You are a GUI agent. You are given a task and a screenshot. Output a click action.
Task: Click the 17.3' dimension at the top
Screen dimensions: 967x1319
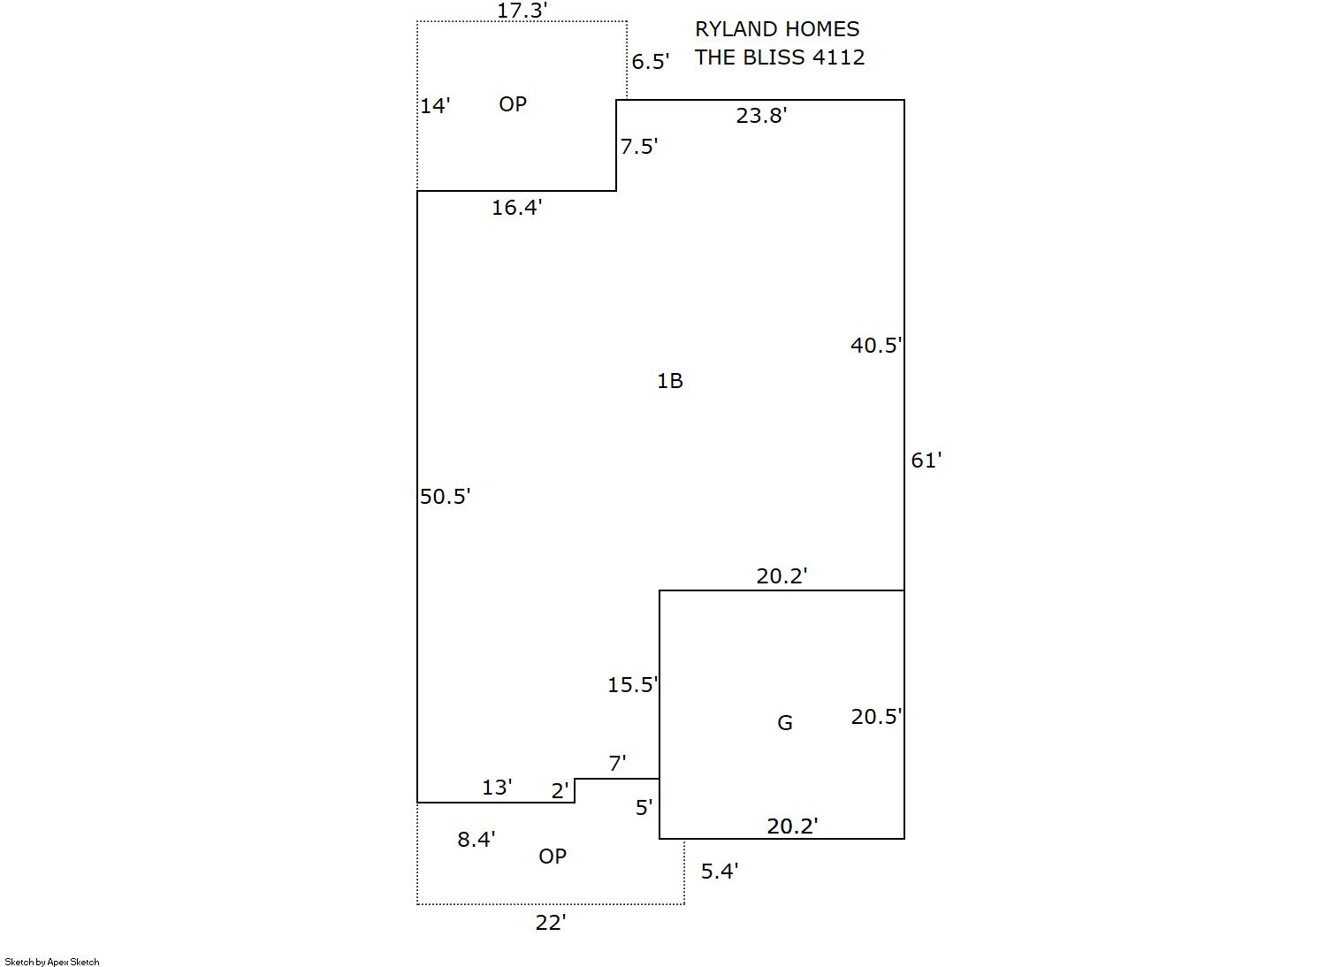click(x=522, y=11)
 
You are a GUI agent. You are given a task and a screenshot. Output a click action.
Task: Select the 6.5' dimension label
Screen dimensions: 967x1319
click(x=650, y=62)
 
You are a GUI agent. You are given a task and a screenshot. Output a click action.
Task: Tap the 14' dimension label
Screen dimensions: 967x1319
click(x=435, y=106)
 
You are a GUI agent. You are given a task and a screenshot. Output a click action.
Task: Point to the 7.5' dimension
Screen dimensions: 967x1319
click(x=638, y=147)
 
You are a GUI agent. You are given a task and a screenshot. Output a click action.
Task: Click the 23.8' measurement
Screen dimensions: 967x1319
click(x=761, y=116)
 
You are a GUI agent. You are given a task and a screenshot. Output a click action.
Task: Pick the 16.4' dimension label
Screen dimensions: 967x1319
click(x=516, y=208)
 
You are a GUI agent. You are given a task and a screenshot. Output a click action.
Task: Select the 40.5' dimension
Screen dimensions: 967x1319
click(x=875, y=346)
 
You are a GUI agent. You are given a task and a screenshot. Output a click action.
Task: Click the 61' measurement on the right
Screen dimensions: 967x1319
click(x=926, y=461)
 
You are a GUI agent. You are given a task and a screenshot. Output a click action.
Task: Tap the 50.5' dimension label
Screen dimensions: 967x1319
click(x=445, y=497)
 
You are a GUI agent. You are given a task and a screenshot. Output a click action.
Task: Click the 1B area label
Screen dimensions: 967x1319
click(x=669, y=381)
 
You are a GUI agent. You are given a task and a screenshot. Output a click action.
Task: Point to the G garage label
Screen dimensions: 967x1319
click(x=784, y=723)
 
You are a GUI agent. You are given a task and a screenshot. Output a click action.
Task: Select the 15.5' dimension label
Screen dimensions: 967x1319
click(x=632, y=685)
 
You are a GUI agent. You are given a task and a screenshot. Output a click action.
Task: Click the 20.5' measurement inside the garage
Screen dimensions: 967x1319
click(x=876, y=717)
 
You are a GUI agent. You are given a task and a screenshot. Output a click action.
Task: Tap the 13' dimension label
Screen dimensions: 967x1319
click(x=497, y=788)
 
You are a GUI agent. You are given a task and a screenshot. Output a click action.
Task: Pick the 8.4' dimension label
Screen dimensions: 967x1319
click(x=476, y=840)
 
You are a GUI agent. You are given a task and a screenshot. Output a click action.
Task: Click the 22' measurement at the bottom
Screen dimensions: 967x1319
click(x=550, y=923)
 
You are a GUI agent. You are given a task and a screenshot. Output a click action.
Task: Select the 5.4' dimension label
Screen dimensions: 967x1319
click(x=719, y=872)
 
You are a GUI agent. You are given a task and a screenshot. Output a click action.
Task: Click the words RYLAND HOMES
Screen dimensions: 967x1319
click(x=777, y=29)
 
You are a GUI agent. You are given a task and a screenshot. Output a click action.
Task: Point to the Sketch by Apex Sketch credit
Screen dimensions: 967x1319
click(x=52, y=962)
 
